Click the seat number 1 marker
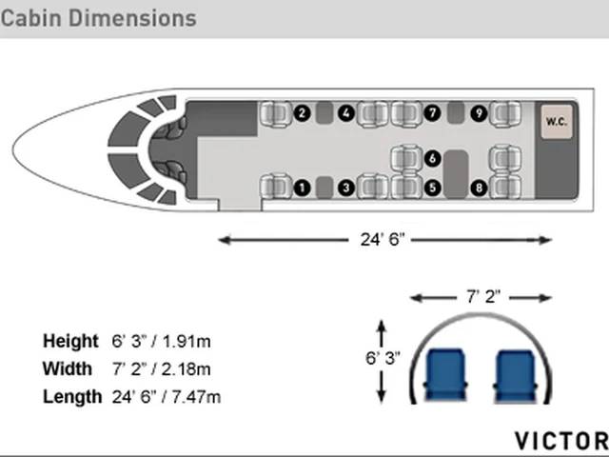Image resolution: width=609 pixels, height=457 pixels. point(303,189)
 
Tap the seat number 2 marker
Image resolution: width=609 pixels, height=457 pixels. point(303,113)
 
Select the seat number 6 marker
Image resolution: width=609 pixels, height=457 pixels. point(433,159)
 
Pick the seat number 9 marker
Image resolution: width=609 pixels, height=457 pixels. point(479,113)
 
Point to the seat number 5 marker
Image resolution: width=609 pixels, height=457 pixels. point(433,189)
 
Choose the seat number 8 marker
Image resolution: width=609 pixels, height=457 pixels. point(479,189)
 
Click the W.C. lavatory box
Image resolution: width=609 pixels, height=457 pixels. point(557,122)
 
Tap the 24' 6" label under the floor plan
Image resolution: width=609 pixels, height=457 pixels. point(383,239)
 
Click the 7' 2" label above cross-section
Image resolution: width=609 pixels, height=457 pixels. point(483,297)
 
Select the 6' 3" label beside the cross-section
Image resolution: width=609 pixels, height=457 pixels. point(383,358)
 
